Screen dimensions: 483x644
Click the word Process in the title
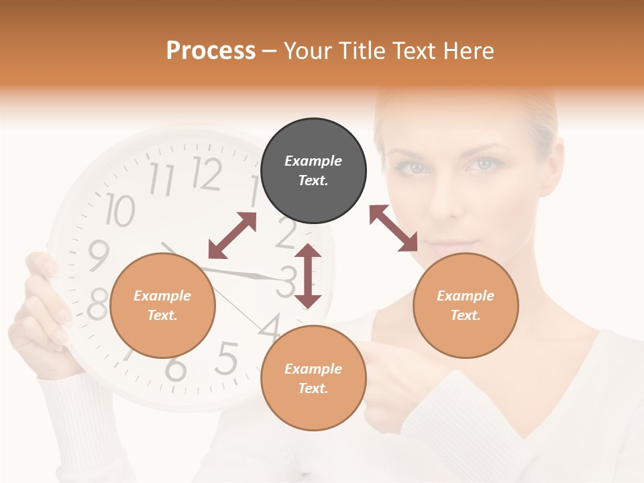click(x=211, y=51)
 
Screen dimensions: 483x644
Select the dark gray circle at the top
click(x=313, y=170)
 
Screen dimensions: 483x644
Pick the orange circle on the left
click(x=162, y=305)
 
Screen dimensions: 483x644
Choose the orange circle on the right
click(x=466, y=305)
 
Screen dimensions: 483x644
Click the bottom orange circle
click(x=313, y=378)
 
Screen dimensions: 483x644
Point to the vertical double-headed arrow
click(x=308, y=276)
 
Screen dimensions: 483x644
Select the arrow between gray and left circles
click(x=232, y=235)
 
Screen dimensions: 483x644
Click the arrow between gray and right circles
click(x=393, y=228)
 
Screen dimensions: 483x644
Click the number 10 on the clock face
click(x=119, y=210)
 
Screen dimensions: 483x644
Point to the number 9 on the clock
click(x=99, y=255)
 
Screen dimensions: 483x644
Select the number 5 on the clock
click(x=226, y=359)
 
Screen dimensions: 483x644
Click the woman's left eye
click(x=482, y=164)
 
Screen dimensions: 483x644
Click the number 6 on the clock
click(x=176, y=368)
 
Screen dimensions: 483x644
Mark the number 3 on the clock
click(x=288, y=281)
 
